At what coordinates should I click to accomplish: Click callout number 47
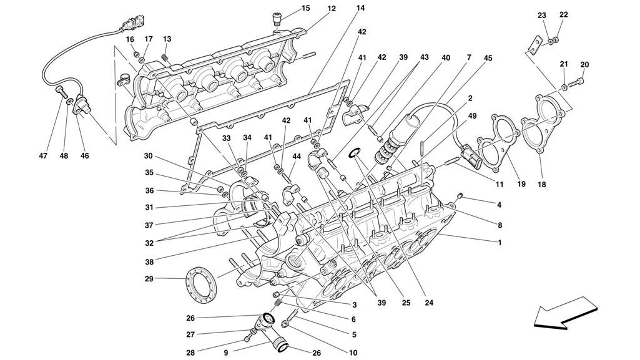tap(43, 156)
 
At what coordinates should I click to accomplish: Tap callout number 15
tap(306, 8)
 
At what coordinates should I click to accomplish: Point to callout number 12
tap(332, 8)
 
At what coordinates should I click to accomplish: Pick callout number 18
tap(541, 185)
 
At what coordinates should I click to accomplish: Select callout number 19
tap(521, 184)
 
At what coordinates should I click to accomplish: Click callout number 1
tap(500, 243)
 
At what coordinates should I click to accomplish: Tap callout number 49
tap(472, 116)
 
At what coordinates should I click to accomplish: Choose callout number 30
tap(148, 156)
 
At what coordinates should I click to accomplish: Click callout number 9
tap(225, 353)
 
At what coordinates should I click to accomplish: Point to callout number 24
tap(428, 303)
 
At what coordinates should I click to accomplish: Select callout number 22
tap(563, 15)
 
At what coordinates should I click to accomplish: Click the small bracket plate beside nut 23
tap(534, 45)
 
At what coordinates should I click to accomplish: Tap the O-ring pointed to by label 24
tap(353, 153)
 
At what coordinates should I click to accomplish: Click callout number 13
tap(167, 39)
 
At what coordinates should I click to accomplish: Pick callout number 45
tap(488, 58)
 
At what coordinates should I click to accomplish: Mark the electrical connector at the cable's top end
tap(134, 22)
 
